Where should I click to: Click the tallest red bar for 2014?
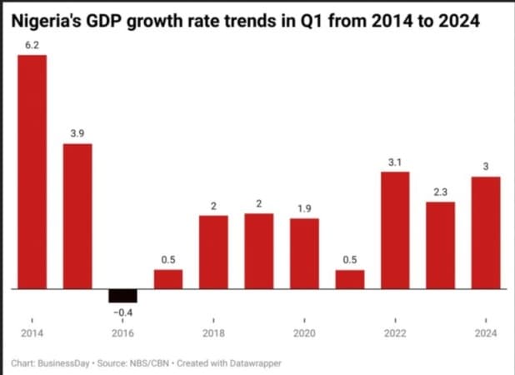pyautogui.click(x=32, y=172)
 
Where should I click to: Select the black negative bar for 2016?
pyautogui.click(x=122, y=296)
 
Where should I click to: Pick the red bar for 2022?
pyautogui.click(x=395, y=230)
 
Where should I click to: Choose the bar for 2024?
pyautogui.click(x=486, y=232)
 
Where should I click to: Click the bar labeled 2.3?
pyautogui.click(x=440, y=245)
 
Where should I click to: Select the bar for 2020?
pyautogui.click(x=304, y=253)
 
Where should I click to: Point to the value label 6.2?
pyautogui.click(x=32, y=43)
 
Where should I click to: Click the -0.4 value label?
pyautogui.click(x=122, y=312)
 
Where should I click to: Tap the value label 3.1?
pyautogui.click(x=395, y=162)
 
